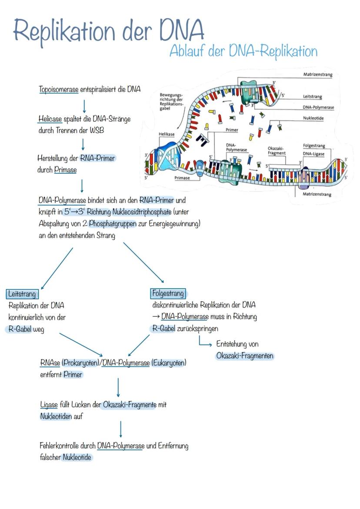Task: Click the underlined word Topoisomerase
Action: click(59, 90)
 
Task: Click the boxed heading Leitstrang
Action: click(22, 294)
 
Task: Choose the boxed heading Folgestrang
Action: click(168, 293)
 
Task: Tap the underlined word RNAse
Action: click(50, 363)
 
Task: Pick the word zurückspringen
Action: click(197, 328)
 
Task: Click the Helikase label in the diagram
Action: click(167, 134)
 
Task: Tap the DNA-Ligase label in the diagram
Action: click(313, 154)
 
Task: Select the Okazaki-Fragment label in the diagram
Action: click(277, 151)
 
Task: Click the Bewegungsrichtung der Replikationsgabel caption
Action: click(172, 101)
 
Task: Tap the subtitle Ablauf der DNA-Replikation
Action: click(243, 51)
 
